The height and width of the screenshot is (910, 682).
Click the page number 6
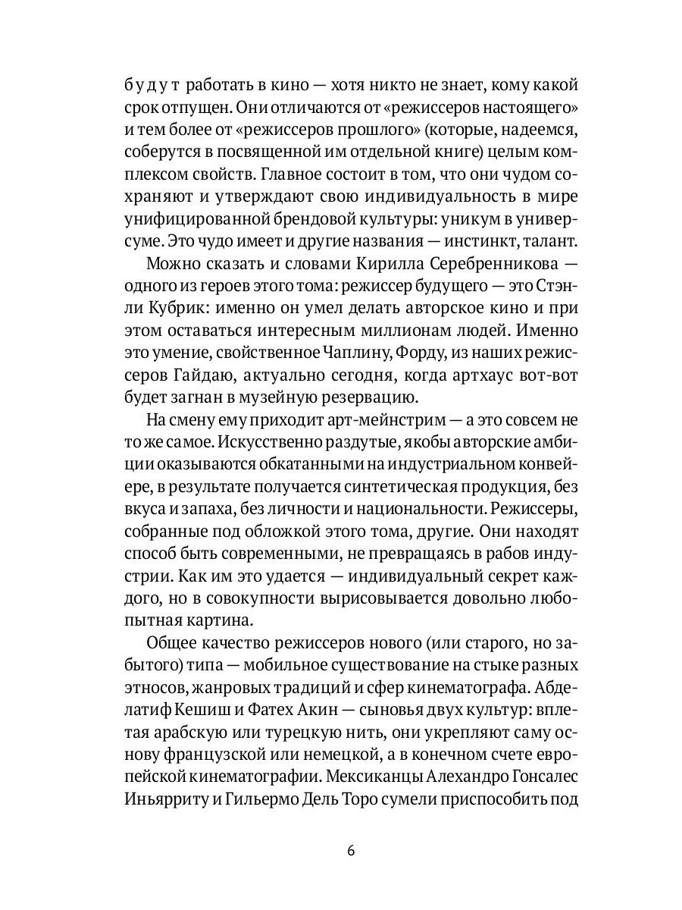tap(351, 850)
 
